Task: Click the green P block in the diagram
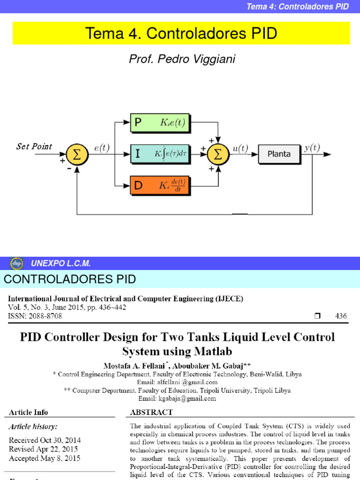[x=159, y=123]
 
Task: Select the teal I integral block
[x=159, y=154]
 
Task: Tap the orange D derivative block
[x=159, y=186]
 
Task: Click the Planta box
[x=279, y=154]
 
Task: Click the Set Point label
[x=34, y=146]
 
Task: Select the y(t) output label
[x=312, y=148]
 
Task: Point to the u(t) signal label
[x=241, y=148]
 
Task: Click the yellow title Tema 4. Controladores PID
[x=181, y=33]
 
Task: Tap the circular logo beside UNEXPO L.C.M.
[x=17, y=263]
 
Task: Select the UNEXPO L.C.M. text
[x=61, y=263]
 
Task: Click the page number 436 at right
[x=341, y=316]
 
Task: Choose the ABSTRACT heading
[x=151, y=412]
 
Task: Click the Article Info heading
[x=29, y=412]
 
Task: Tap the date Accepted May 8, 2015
[x=45, y=458]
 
